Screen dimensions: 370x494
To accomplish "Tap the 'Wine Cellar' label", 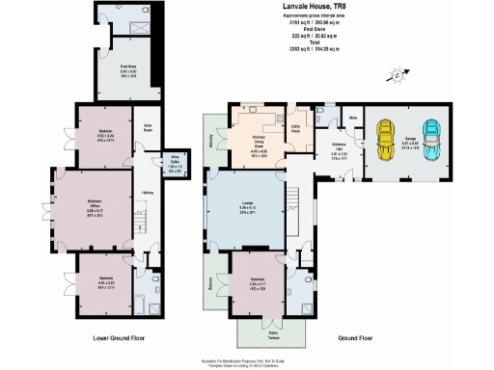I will (176, 165).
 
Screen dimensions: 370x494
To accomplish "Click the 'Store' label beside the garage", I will (353, 119).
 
